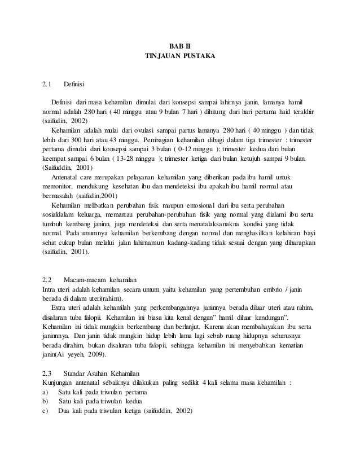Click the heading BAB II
click(x=180, y=45)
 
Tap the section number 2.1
click(x=47, y=85)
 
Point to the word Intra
click(x=50, y=289)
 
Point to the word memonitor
click(x=58, y=185)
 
